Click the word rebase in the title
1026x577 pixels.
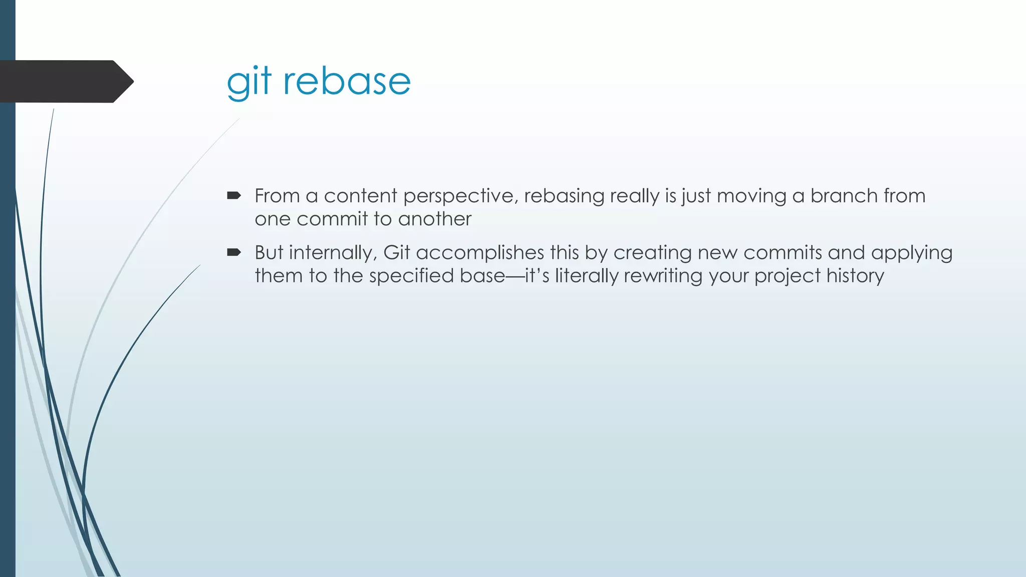pos(347,82)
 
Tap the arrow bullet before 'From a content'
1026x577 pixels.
pos(234,196)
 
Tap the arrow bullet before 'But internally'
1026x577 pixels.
pos(234,252)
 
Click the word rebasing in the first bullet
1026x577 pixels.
pos(564,196)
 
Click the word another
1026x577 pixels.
pos(434,219)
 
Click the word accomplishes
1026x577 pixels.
pos(479,253)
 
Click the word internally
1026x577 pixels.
pos(331,253)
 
